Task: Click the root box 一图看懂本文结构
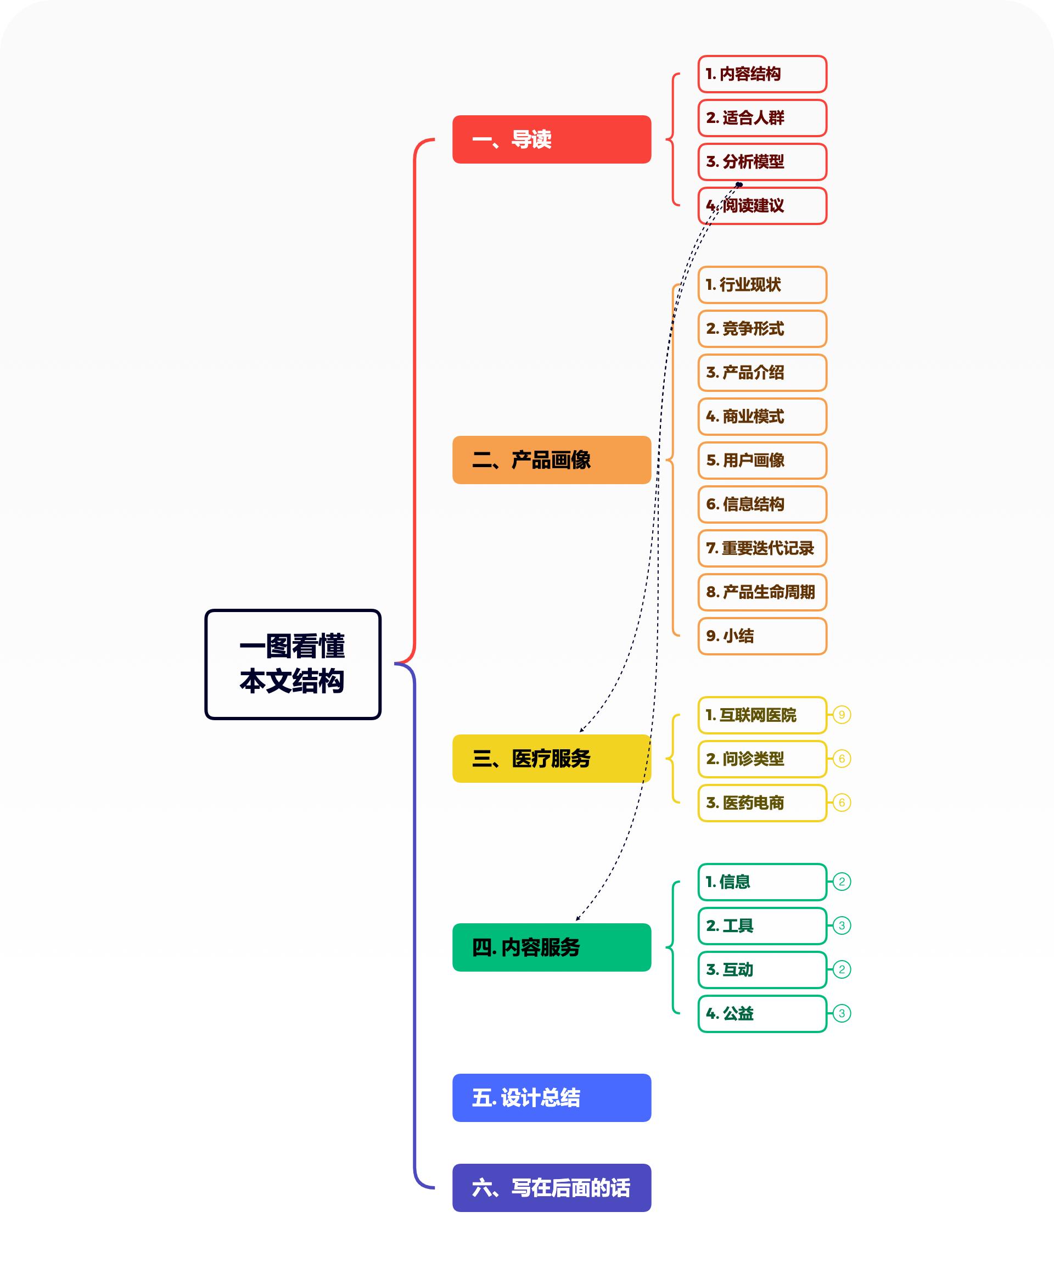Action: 293,664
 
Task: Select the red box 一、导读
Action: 551,139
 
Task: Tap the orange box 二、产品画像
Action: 551,459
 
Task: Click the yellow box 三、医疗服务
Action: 551,758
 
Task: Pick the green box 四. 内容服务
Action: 551,947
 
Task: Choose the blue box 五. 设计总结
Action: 551,1097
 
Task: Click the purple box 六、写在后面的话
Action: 551,1187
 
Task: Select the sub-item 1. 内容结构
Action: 762,74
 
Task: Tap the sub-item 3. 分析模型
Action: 762,161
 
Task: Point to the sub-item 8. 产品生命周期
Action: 762,592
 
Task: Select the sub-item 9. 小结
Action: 762,636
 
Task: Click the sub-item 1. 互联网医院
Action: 762,715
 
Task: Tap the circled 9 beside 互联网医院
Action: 842,715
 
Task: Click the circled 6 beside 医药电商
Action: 842,803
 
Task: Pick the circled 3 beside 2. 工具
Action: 842,925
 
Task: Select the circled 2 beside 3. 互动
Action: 842,969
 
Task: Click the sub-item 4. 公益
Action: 762,1013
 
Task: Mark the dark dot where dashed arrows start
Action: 739,184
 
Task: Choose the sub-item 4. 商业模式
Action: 762,417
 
